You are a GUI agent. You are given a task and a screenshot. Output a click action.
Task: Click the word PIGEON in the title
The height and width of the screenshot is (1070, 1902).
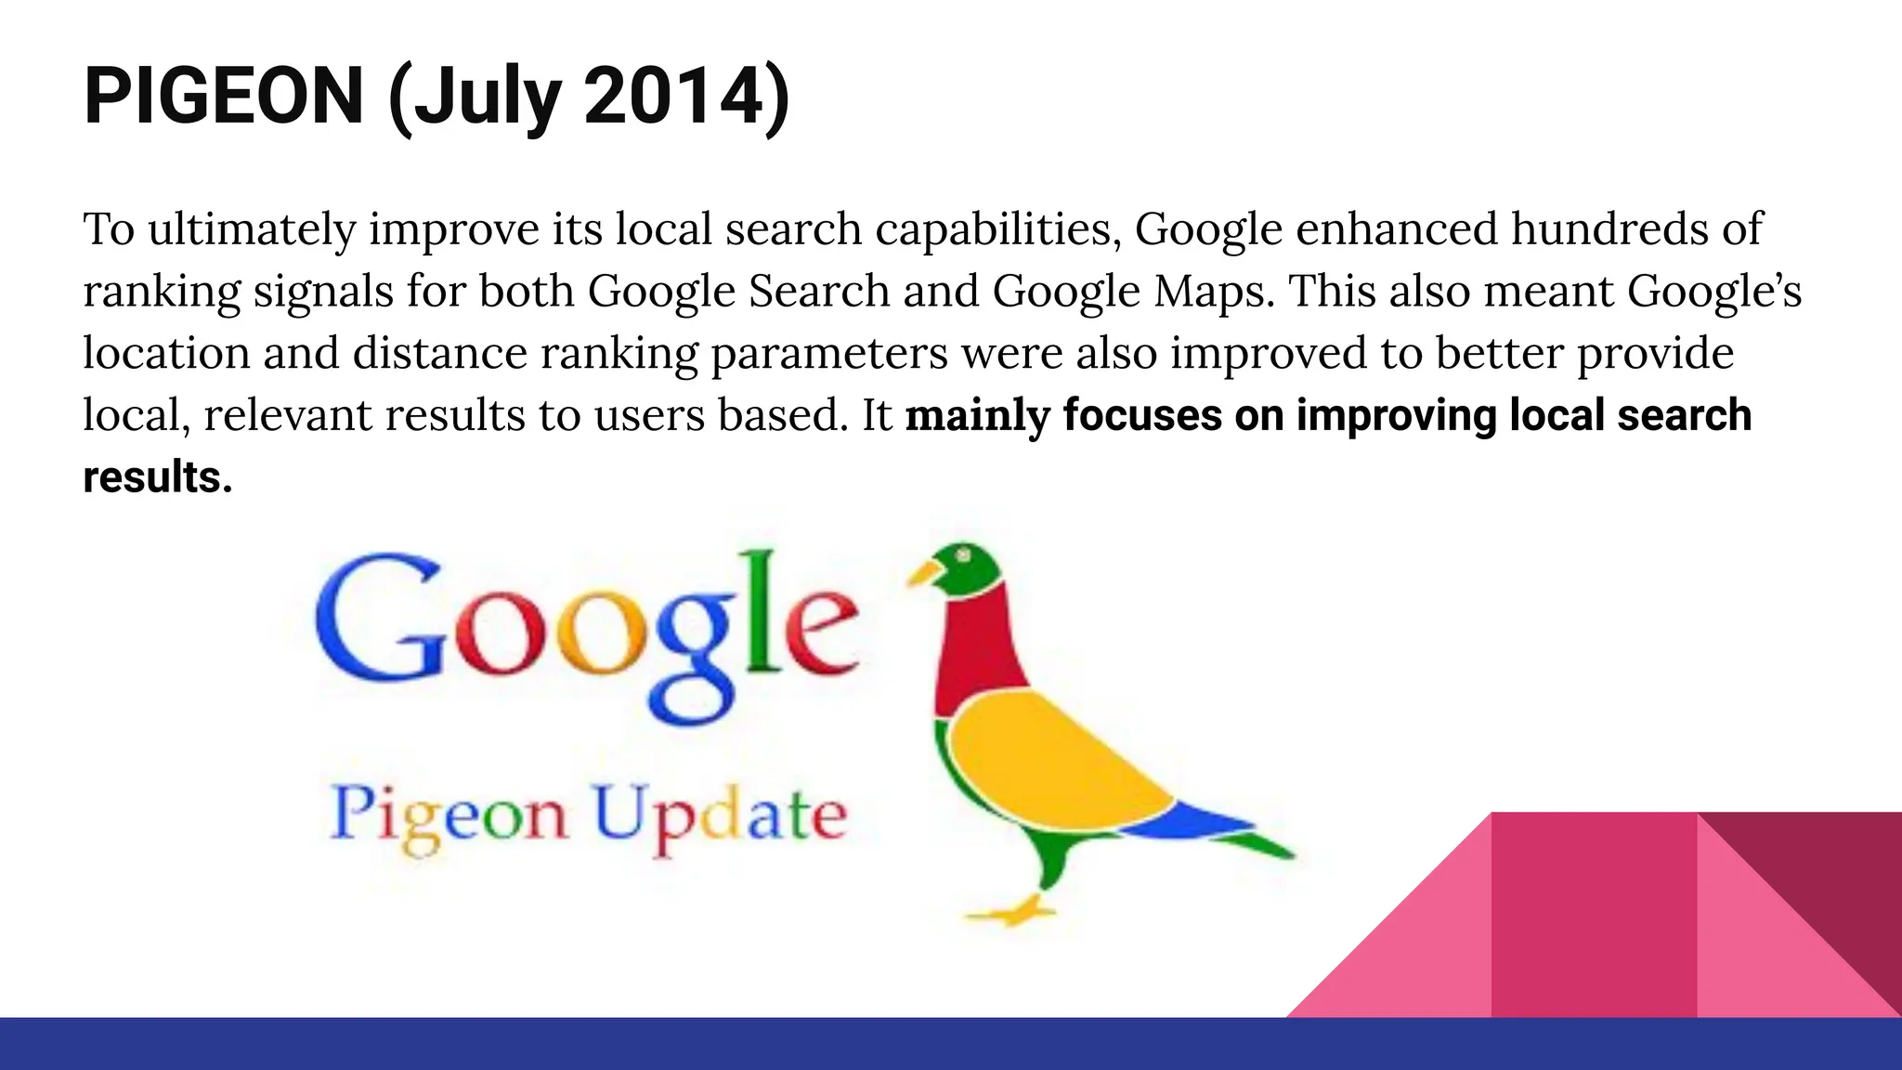point(223,97)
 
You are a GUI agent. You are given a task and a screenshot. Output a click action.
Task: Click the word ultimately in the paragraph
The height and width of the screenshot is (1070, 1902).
point(251,229)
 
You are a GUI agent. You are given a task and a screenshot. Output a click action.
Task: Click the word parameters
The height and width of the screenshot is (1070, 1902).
point(829,354)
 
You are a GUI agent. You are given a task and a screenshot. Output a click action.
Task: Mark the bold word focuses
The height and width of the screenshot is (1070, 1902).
point(1141,416)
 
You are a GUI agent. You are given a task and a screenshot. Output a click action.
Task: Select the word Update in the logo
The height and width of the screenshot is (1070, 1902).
point(720,816)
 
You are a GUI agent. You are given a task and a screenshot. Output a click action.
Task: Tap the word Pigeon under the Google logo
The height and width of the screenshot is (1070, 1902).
point(449,816)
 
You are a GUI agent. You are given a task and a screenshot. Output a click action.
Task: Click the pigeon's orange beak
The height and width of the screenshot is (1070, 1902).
point(923,573)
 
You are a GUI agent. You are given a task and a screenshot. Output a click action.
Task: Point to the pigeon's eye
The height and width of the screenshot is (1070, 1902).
point(964,555)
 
